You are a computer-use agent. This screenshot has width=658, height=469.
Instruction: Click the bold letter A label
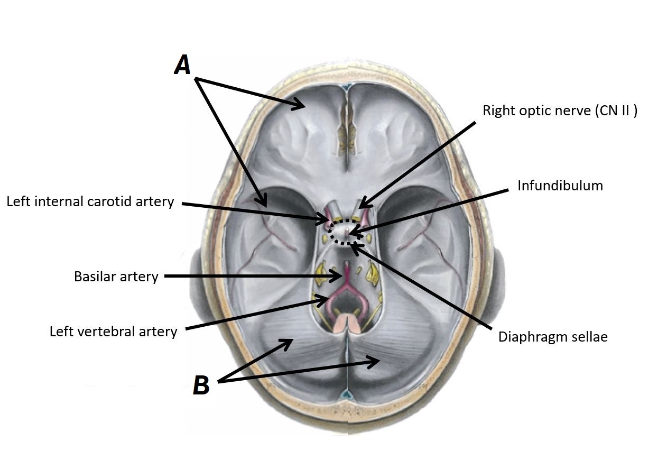[182, 66]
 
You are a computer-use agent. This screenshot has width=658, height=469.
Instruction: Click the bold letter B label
[201, 385]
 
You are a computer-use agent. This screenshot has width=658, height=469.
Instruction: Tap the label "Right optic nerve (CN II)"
[560, 111]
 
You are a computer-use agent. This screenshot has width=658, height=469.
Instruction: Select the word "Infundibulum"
[560, 186]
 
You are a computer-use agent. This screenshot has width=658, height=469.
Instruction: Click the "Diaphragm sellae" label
[553, 337]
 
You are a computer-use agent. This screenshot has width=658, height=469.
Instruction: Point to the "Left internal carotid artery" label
[90, 201]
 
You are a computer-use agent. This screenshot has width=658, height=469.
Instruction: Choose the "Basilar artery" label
[116, 277]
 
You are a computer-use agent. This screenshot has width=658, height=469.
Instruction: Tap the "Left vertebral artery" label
[113, 332]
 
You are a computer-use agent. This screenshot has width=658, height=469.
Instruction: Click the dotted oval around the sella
[346, 232]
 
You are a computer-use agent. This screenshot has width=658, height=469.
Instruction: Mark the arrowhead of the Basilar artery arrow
[340, 275]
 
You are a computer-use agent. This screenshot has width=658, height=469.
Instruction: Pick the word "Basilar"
[95, 277]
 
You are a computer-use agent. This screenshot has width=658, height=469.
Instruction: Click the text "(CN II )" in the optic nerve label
[616, 111]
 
